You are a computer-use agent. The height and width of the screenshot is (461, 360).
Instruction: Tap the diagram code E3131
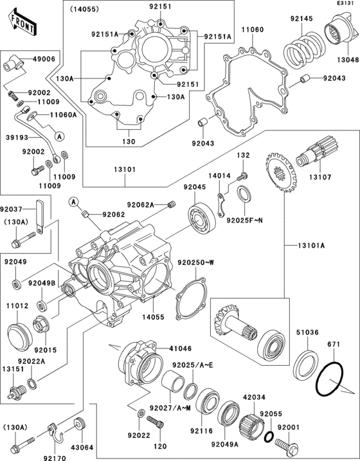[x=345, y=4]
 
